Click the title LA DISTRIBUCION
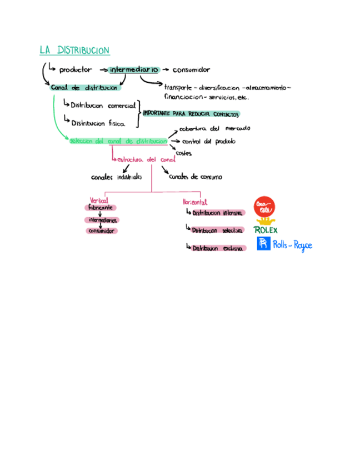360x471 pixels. pos(74,51)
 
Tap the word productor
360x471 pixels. pos(76,70)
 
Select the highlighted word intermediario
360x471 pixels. pos(134,70)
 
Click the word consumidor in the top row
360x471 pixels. pos(191,70)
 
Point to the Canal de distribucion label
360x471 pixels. pos(84,88)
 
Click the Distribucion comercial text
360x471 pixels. pos(103,106)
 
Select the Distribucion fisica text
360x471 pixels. pos(98,123)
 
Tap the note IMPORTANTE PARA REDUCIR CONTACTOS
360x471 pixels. pos(191,114)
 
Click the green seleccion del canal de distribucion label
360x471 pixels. pos(118,141)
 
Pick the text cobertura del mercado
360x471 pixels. pos(214,128)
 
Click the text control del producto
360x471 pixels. pos(208,141)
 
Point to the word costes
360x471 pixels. pos(184,153)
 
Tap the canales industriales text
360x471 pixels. pos(117,178)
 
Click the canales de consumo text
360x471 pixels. pos(195,177)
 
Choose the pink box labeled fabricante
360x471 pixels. pos(101,207)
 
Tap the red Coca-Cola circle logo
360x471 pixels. pos(263,207)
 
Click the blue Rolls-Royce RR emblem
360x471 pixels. pos(263,244)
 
